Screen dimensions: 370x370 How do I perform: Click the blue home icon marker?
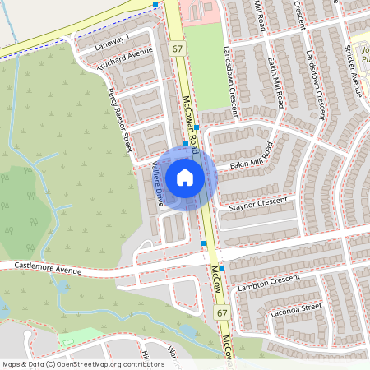[x=185, y=177]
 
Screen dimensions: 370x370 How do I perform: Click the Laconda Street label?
[x=294, y=308]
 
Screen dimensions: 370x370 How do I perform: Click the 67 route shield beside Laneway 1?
[x=178, y=49]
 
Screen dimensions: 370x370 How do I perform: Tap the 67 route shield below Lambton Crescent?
[x=222, y=313]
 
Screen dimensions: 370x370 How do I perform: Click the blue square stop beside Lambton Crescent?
[x=222, y=279]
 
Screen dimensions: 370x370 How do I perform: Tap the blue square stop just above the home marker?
[x=186, y=141]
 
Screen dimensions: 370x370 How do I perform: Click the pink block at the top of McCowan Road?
[x=200, y=12]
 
